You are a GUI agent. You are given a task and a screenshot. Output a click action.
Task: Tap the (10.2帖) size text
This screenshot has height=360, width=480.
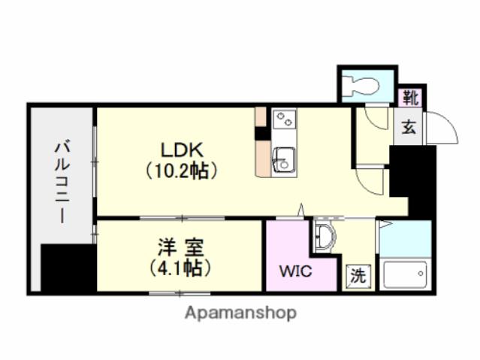coord(182,171)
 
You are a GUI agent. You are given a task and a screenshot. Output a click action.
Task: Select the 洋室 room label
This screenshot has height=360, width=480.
coord(180,246)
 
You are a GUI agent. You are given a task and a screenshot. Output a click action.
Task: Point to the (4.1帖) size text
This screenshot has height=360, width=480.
coord(180,266)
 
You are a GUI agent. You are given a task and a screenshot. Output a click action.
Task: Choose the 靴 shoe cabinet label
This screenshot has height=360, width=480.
coord(409,97)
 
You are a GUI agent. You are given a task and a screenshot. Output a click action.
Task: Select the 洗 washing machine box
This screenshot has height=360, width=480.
coord(358,276)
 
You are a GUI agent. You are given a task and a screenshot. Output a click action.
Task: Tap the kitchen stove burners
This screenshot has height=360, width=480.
coord(285,119)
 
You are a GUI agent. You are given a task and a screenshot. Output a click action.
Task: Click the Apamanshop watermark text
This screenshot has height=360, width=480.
coord(240,312)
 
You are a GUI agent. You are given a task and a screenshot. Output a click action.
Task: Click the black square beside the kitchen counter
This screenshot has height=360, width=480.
coord(261,135)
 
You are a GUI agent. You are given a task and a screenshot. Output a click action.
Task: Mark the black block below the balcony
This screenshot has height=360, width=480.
coord(68,268)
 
